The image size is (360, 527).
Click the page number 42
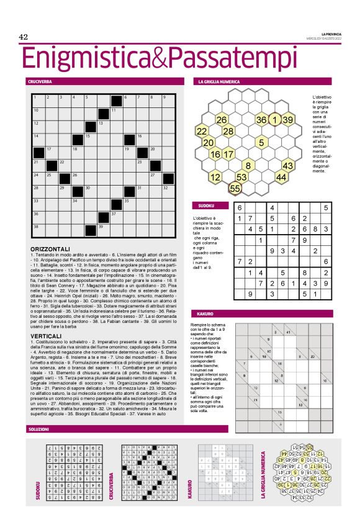point(25,38)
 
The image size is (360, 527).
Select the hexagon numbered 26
point(222,120)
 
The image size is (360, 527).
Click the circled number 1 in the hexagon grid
point(274,120)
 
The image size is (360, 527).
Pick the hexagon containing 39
point(287,120)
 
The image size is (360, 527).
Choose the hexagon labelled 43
point(287,166)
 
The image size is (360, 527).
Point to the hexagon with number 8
point(248,166)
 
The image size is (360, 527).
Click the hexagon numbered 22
point(202,132)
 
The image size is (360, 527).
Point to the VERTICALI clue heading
point(44,335)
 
